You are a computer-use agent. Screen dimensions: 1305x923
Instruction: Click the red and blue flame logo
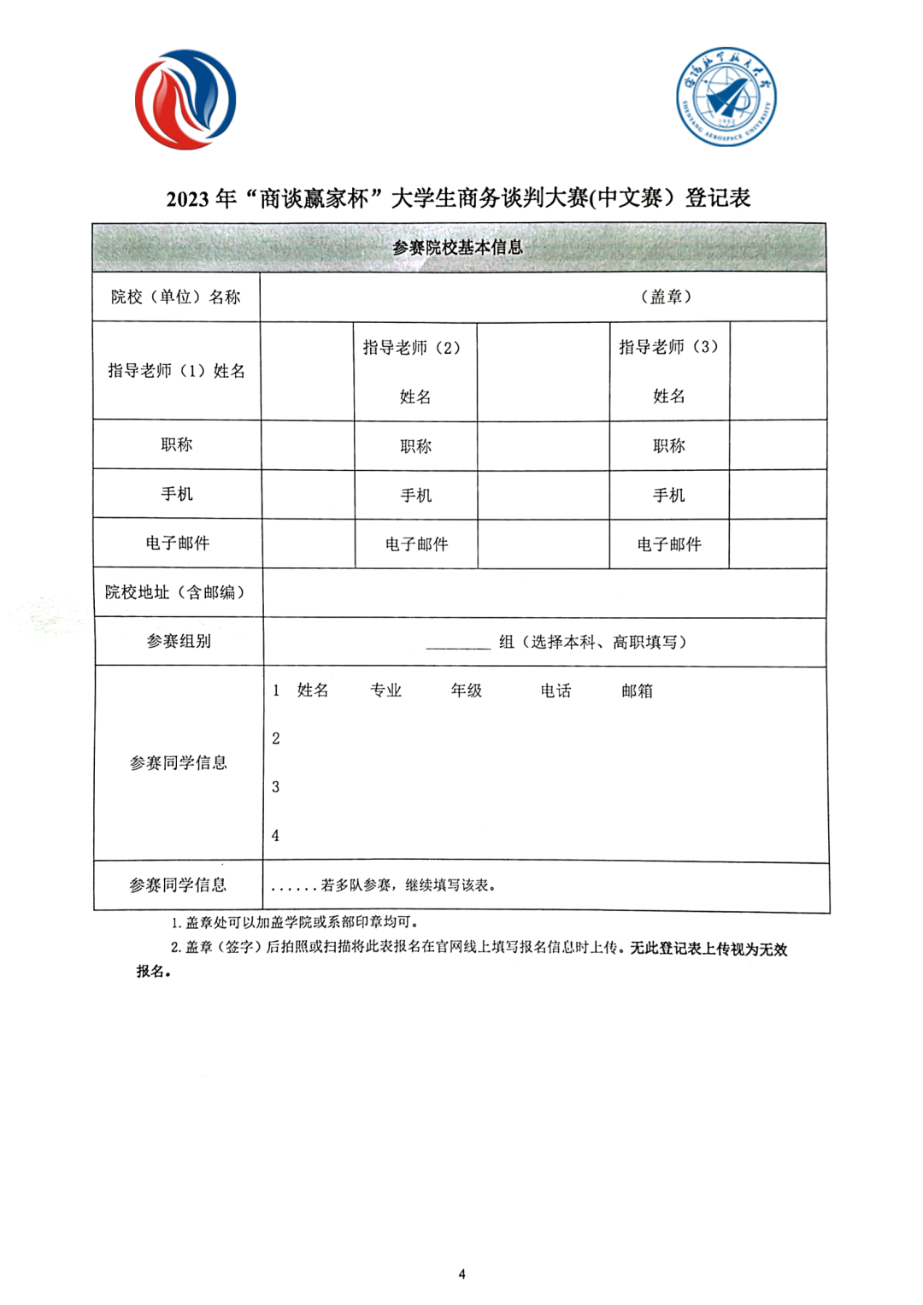click(x=185, y=99)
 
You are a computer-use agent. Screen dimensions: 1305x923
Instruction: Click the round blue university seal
click(x=726, y=97)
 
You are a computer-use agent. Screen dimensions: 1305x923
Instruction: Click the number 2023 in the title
click(x=187, y=199)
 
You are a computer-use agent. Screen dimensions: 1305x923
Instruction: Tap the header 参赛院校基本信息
click(x=458, y=248)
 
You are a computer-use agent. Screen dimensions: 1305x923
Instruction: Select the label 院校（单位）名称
click(x=176, y=297)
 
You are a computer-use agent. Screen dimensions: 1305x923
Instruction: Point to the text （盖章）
click(x=666, y=297)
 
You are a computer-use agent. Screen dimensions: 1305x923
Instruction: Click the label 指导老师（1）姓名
click(x=176, y=371)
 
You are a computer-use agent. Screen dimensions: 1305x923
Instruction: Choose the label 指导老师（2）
click(x=412, y=348)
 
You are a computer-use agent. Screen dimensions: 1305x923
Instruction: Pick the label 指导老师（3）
click(x=669, y=347)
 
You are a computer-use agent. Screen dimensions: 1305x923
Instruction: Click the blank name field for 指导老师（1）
click(x=308, y=371)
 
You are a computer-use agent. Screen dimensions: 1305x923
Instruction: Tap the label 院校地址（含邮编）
click(x=175, y=592)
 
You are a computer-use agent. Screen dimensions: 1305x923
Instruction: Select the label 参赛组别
click(x=179, y=641)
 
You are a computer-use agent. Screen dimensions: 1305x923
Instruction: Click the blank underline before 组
click(x=458, y=643)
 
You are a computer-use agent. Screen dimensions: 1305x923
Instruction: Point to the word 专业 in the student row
click(x=385, y=691)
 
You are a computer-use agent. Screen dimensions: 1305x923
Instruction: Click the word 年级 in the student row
click(x=467, y=691)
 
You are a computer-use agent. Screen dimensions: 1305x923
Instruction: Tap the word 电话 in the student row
click(x=556, y=691)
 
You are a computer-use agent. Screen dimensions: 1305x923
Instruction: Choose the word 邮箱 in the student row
click(x=637, y=691)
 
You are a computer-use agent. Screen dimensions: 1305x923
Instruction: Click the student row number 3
click(x=275, y=787)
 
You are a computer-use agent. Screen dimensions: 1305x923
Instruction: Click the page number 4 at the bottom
click(x=462, y=1274)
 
